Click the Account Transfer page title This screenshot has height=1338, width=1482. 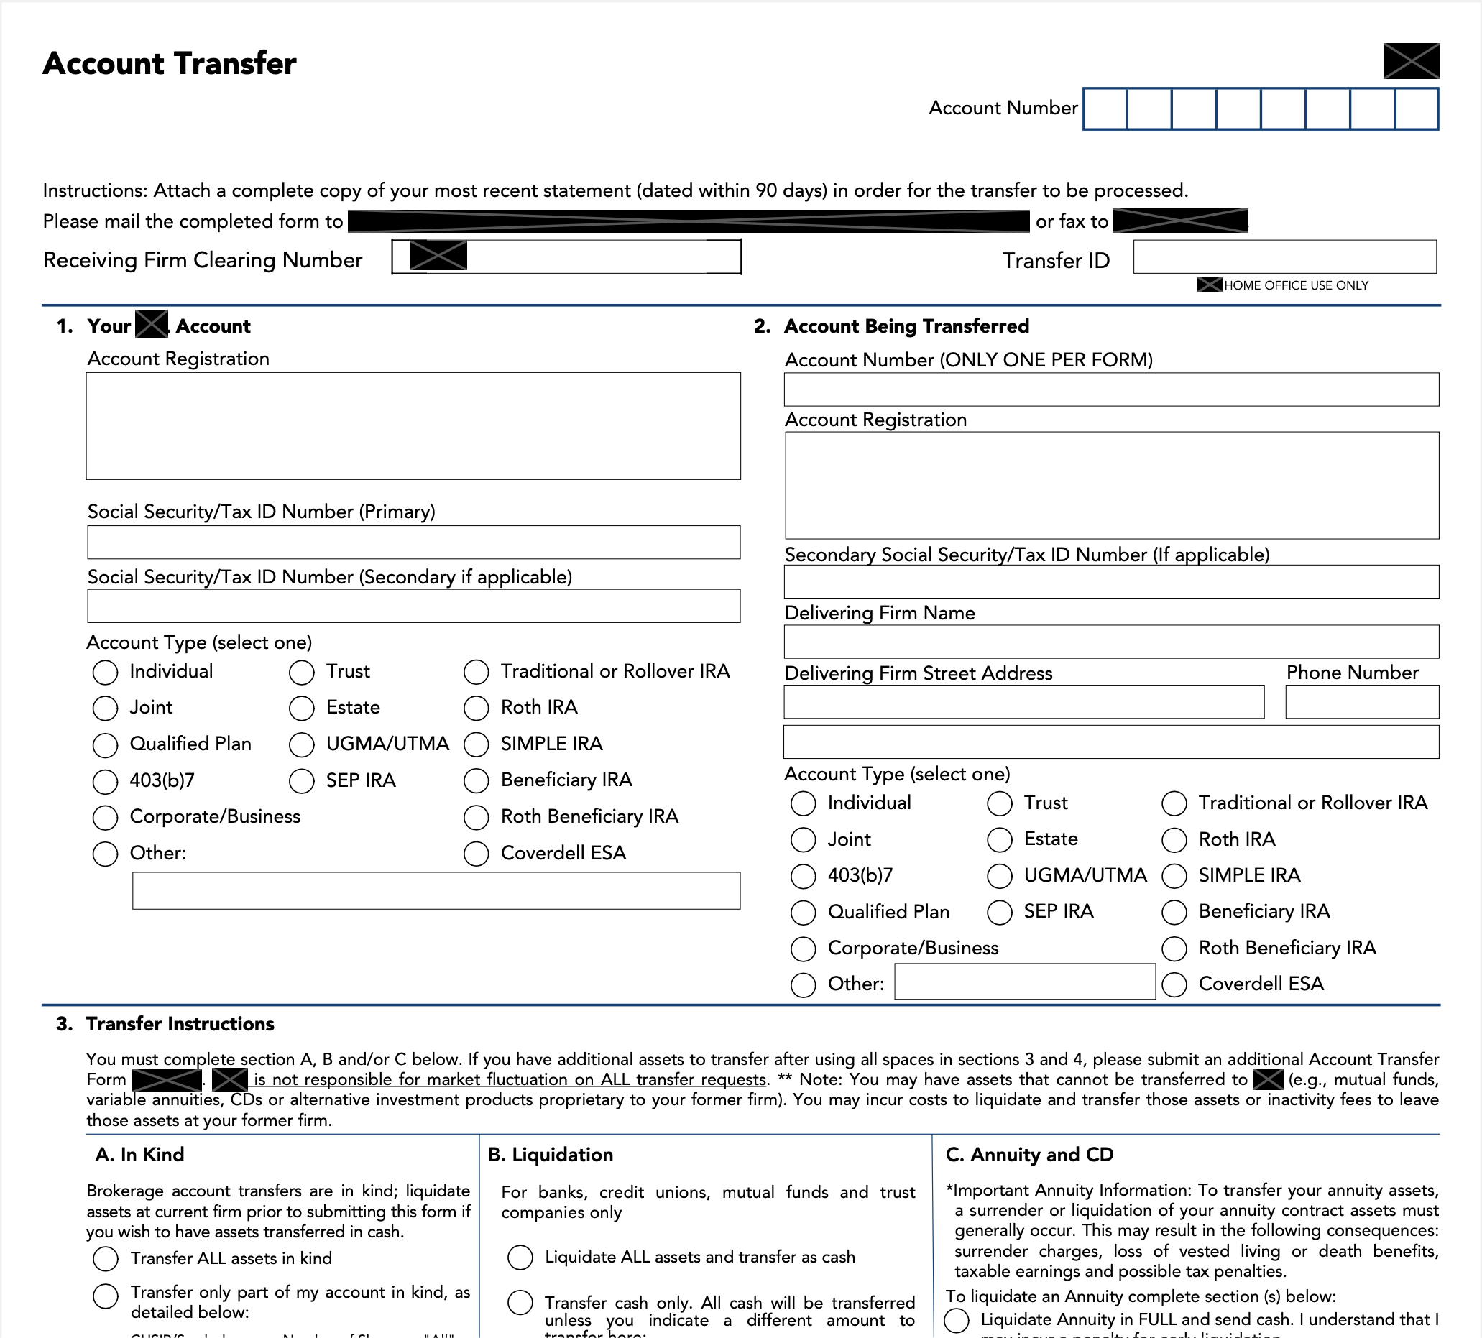(x=170, y=63)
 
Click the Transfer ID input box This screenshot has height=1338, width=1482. (x=1284, y=257)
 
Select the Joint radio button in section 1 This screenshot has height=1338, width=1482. (x=105, y=708)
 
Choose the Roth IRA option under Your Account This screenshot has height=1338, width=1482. (x=477, y=708)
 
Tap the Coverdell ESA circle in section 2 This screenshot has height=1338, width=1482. (x=1174, y=984)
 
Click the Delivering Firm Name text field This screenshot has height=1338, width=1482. (x=1110, y=642)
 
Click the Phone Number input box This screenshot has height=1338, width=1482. (x=1361, y=702)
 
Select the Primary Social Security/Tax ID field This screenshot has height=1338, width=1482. (x=413, y=542)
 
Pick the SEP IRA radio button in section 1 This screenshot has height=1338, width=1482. (x=301, y=781)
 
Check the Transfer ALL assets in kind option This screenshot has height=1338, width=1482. (x=106, y=1259)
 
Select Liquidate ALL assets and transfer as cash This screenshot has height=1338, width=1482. (x=520, y=1257)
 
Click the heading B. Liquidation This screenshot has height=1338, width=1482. (x=551, y=1155)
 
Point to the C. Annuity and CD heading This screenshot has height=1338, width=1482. (x=1029, y=1155)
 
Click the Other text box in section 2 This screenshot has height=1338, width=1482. (x=1024, y=982)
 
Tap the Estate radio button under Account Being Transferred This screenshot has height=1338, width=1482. (x=1000, y=839)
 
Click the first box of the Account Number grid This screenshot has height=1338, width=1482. (x=1105, y=109)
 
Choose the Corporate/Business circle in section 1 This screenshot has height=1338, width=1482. (x=105, y=818)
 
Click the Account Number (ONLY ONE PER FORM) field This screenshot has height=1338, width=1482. (x=1110, y=389)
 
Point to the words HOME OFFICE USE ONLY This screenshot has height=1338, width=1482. (x=1296, y=285)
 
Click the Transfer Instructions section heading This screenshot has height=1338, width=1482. (x=180, y=1024)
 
